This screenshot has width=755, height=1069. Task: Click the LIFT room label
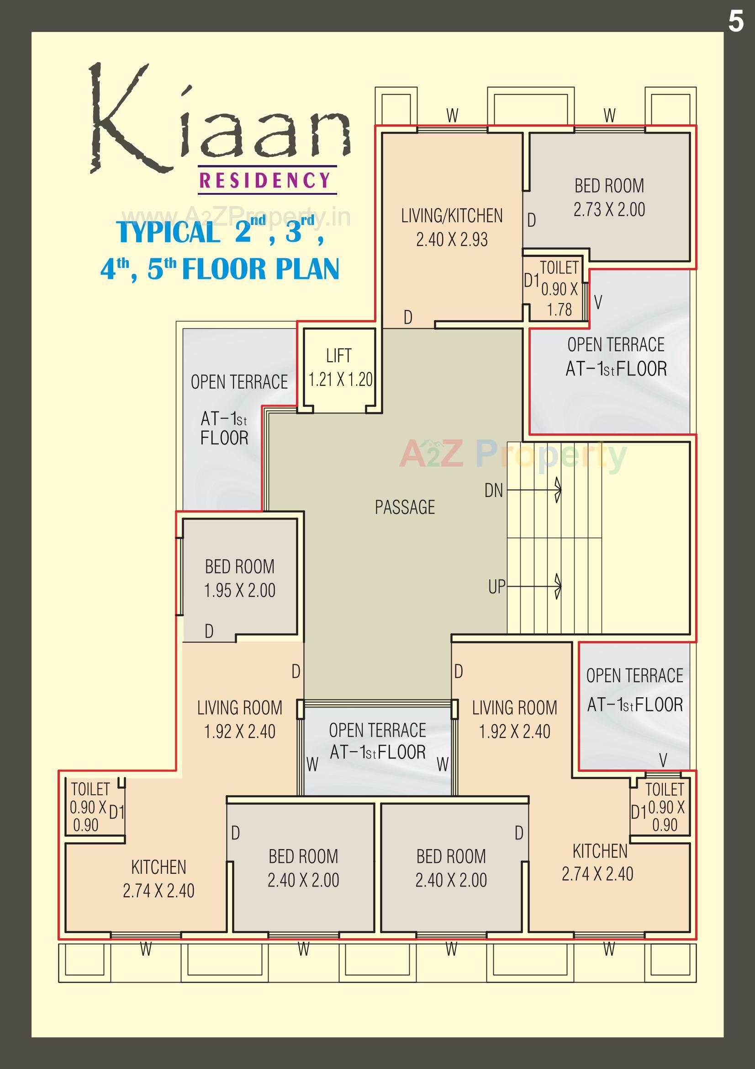[338, 356]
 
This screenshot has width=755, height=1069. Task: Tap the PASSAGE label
[405, 507]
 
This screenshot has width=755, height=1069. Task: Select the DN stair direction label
[494, 490]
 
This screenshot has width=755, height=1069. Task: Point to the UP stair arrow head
[558, 586]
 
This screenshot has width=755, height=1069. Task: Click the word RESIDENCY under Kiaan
[265, 180]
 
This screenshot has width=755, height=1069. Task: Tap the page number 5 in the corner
[735, 21]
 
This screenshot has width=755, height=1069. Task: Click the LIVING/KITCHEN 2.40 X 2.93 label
[452, 227]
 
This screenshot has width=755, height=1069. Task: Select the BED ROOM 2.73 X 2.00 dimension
[609, 209]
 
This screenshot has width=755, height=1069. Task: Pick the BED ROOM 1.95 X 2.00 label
[240, 578]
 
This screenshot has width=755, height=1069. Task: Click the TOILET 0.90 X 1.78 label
[559, 289]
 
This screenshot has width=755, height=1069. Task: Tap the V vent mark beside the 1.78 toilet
[598, 303]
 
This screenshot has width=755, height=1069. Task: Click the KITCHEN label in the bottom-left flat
[158, 867]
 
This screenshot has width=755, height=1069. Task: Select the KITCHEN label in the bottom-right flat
[600, 850]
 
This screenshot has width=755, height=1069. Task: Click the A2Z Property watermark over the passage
[512, 454]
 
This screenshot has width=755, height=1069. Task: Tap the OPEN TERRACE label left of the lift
[239, 382]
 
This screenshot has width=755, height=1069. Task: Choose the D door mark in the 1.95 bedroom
[209, 631]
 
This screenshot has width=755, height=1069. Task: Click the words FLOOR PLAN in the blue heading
[260, 269]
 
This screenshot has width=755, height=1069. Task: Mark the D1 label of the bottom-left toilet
[117, 812]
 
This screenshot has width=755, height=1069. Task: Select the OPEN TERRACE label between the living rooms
[377, 730]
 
